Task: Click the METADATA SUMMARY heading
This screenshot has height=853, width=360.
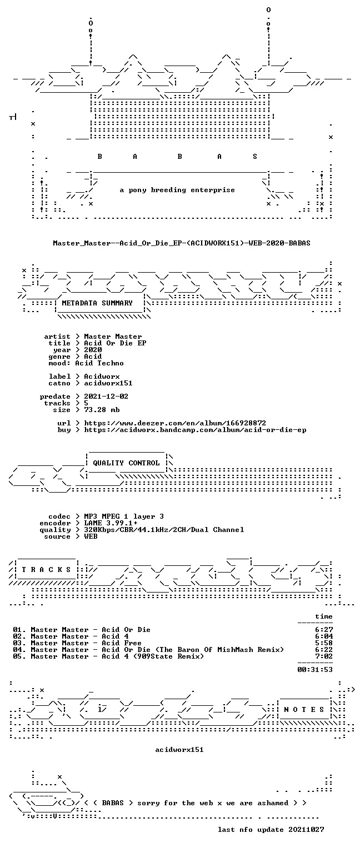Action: point(97,303)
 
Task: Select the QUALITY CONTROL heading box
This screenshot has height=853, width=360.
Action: point(126,463)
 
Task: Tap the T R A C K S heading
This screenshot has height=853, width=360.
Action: point(46,570)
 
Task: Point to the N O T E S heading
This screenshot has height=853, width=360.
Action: point(304,709)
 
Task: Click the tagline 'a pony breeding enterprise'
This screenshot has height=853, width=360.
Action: point(177,190)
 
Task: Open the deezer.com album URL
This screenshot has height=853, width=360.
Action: point(175,423)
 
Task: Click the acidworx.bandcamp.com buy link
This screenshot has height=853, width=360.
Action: point(195,430)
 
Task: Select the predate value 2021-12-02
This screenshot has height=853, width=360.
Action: point(106,397)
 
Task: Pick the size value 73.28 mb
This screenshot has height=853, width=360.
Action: point(102,410)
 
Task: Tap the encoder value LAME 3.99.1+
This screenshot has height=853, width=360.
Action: point(111,523)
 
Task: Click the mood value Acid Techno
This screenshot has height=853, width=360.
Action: point(99,363)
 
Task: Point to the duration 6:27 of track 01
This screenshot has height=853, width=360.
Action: point(324,630)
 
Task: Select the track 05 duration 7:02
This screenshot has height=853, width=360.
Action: point(324,656)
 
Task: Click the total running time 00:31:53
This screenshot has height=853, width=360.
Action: point(315,670)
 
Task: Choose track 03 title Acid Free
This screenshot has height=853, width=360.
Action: point(122,643)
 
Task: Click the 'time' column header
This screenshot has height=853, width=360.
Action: point(324,616)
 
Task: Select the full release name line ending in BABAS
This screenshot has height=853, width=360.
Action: point(181,243)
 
